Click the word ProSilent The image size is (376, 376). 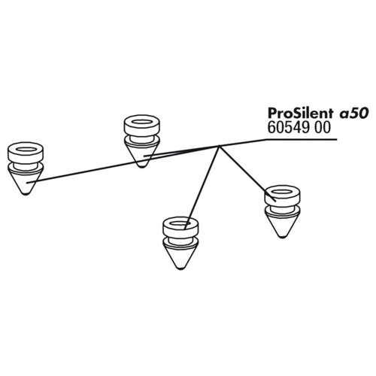[300, 114]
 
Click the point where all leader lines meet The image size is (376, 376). [219, 146]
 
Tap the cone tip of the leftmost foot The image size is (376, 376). [26, 193]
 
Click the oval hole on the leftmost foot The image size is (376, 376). [26, 149]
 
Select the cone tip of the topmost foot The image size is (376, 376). [141, 166]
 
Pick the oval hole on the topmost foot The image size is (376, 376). [142, 122]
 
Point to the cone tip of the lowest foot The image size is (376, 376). [180, 268]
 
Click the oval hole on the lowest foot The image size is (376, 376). [180, 223]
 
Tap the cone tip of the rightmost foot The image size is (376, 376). [282, 236]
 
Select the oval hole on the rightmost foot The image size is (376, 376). [282, 193]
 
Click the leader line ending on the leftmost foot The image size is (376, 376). [123, 164]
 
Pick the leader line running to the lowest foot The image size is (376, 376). [202, 187]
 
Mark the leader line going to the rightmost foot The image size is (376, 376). [247, 173]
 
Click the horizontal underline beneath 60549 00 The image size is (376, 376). [302, 139]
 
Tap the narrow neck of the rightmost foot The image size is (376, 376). [282, 209]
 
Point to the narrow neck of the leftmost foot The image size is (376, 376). [26, 165]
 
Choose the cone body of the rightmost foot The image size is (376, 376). [282, 223]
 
